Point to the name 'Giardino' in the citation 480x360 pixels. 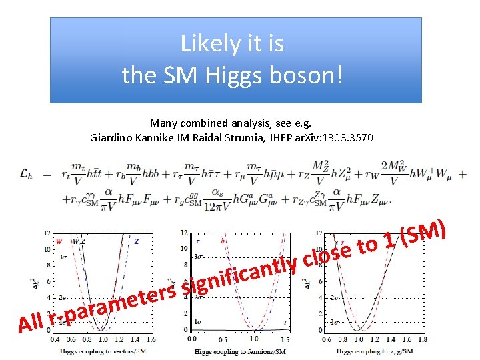click(110, 138)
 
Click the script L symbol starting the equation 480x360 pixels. click(24, 174)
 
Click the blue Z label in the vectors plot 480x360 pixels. click(136, 241)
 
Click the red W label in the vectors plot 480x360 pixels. click(59, 241)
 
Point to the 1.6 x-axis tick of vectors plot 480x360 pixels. click(152, 339)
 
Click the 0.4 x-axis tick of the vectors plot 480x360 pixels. click(54, 339)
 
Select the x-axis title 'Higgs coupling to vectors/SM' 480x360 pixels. click(103, 350)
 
